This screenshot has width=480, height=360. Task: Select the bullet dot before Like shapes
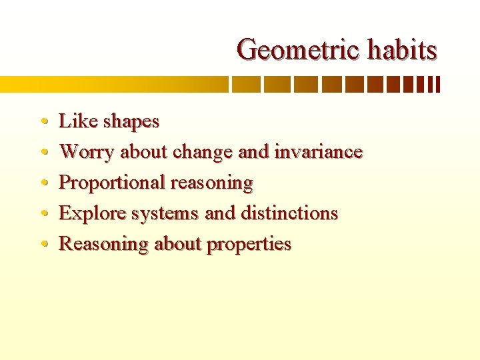click(x=43, y=122)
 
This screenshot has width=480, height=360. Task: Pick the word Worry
click(x=87, y=153)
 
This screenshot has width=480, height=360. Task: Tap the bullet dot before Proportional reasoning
click(x=43, y=183)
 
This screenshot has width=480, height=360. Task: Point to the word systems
click(x=165, y=214)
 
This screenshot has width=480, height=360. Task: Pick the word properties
click(x=249, y=245)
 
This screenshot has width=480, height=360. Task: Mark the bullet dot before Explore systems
click(x=43, y=214)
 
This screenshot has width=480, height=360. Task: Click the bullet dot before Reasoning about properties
click(x=43, y=245)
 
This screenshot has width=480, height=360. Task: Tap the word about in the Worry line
click(x=144, y=152)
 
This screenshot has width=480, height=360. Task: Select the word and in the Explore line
click(x=219, y=213)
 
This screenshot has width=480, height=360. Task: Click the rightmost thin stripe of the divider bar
click(x=438, y=85)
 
